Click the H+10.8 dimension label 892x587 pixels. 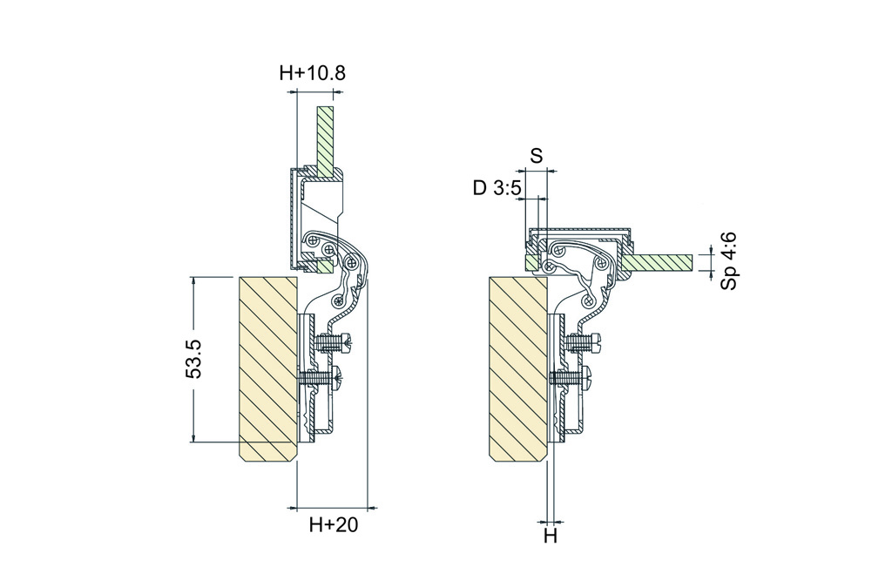pos(313,73)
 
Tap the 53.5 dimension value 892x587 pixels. pos(194,359)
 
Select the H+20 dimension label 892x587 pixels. pos(334,524)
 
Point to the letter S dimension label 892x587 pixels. pos(537,155)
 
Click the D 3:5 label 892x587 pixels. pos(497,188)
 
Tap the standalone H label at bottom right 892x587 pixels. pos(551,536)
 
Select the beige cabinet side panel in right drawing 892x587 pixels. pos(517,369)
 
